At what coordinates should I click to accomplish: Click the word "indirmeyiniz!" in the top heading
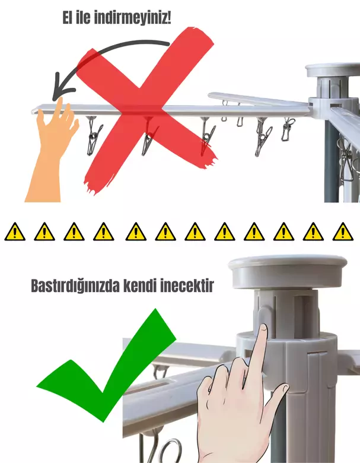133,18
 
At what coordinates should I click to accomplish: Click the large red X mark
145,110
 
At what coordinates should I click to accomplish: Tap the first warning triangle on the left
15,231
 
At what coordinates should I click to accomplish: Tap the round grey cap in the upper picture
332,70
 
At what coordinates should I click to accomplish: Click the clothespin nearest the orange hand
94,135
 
